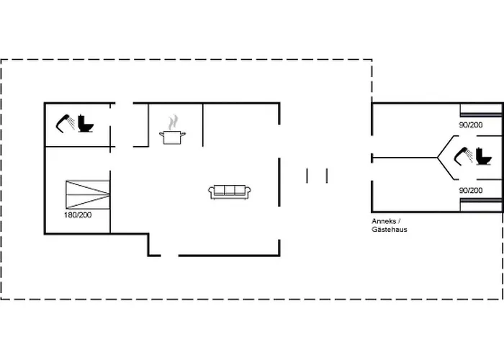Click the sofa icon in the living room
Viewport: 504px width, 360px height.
point(230,192)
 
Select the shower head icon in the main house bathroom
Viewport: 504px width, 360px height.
point(66,123)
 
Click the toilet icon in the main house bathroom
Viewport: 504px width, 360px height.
point(86,123)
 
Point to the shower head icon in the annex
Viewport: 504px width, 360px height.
point(463,156)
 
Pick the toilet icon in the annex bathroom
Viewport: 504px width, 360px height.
point(484,156)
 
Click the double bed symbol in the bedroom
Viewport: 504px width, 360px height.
point(88,194)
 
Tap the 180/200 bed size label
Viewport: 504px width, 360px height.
point(78,215)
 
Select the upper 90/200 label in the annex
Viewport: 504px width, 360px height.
point(471,125)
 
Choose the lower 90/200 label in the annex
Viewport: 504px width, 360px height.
point(471,191)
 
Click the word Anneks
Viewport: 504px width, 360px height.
point(384,221)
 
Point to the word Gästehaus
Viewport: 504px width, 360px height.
point(390,230)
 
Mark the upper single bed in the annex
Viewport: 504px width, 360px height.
point(481,110)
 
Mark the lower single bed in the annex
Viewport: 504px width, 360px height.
point(481,204)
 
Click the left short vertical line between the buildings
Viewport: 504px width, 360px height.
point(307,176)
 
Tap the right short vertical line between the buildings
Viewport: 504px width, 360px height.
point(327,176)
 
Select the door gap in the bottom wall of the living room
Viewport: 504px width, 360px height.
point(169,256)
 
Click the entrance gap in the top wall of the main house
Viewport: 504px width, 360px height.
point(124,103)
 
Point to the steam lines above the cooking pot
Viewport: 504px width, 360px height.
point(173,122)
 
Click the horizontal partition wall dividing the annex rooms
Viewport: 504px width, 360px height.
point(405,158)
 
